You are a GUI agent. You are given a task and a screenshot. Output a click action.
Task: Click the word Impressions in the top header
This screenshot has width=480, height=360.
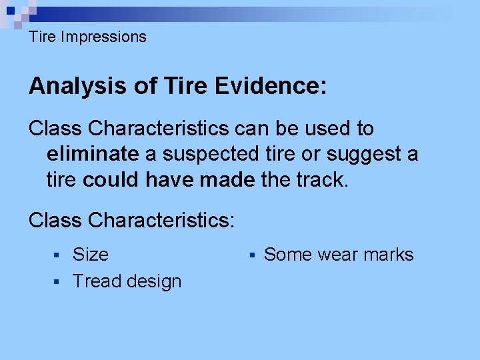103,37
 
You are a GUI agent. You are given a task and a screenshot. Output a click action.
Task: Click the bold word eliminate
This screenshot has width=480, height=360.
92,155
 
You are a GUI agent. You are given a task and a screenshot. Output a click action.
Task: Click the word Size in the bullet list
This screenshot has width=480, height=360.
90,255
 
